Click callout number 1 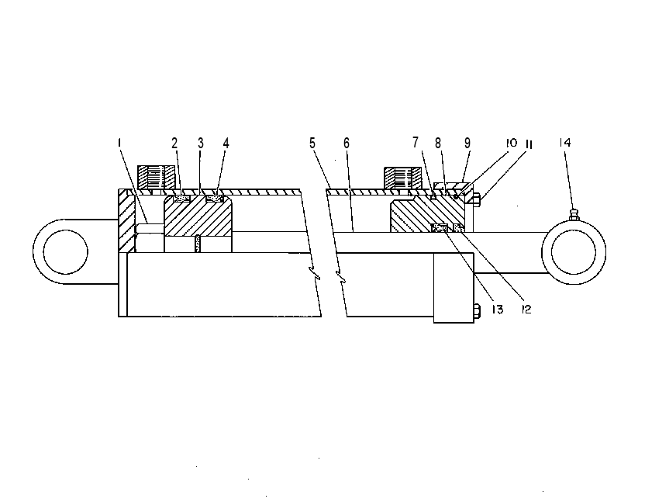(119, 143)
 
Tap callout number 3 (200, 144)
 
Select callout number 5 (312, 144)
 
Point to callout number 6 (347, 144)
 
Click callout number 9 (467, 143)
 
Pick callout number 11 (529, 145)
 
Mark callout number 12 (526, 310)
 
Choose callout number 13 (498, 310)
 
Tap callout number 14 (565, 143)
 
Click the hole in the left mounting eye (65, 251)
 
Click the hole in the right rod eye (574, 252)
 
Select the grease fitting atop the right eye (574, 215)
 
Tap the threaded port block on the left (156, 178)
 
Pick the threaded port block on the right (402, 178)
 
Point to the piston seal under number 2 (182, 199)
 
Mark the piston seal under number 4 (214, 199)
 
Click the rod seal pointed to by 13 (439, 228)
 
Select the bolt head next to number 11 (477, 200)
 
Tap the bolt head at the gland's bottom (478, 311)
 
